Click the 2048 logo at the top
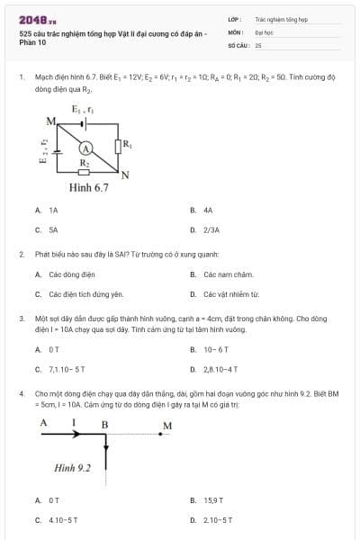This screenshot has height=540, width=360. click(37, 19)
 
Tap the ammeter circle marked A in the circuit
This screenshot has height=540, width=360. click(86, 147)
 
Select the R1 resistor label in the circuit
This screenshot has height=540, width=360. click(127, 142)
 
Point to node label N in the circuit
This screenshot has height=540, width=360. click(125, 175)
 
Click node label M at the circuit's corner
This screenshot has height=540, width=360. click(50, 120)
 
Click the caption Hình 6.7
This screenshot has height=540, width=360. click(89, 188)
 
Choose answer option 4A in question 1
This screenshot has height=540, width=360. click(208, 210)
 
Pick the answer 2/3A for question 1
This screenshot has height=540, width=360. click(211, 229)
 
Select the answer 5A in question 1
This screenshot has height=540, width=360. click(53, 229)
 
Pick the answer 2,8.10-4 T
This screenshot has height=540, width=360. click(220, 369)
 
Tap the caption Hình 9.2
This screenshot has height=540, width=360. click(73, 468)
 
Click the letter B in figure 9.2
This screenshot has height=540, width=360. click(104, 423)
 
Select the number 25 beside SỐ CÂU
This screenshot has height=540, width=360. click(258, 44)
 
